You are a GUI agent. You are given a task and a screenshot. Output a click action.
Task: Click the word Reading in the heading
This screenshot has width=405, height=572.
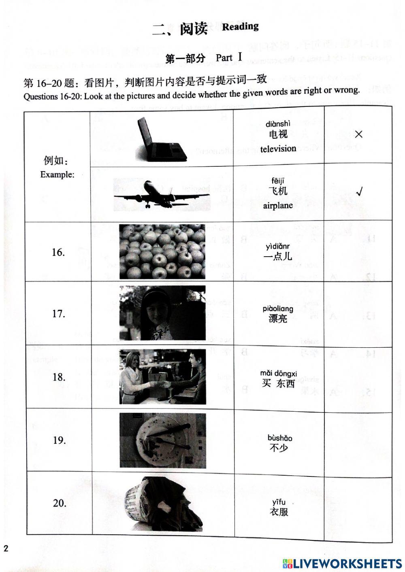(x=240, y=27)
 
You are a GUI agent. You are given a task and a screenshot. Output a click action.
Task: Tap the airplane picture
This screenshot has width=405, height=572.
(x=162, y=194)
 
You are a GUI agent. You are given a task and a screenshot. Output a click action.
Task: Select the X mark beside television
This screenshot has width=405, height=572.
(x=358, y=134)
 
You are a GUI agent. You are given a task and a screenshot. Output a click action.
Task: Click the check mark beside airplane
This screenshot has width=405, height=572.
(x=359, y=192)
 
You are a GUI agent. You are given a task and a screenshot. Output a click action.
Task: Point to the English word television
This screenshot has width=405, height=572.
(x=278, y=149)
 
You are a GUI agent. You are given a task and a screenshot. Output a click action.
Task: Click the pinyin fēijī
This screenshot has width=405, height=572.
(x=278, y=181)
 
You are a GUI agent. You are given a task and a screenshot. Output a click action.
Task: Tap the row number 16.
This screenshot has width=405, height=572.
(x=58, y=252)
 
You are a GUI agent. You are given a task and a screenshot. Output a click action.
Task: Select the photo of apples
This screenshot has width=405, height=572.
(x=162, y=252)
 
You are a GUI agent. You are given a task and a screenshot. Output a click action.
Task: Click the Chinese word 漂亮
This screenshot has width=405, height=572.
(x=278, y=319)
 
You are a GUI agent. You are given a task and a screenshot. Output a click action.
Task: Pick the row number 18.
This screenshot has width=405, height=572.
(x=59, y=377)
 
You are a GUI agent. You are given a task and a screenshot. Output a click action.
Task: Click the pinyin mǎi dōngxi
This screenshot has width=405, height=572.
(x=279, y=373)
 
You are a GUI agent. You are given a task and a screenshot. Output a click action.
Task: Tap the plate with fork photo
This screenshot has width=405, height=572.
(x=162, y=440)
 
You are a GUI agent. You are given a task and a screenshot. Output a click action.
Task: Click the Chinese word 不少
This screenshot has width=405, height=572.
(x=279, y=448)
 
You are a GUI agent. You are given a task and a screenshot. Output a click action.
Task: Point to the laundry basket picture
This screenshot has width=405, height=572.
(x=162, y=503)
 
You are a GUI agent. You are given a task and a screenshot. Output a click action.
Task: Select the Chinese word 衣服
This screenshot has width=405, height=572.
(x=279, y=512)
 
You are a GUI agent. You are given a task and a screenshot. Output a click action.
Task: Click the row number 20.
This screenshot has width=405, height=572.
(x=60, y=503)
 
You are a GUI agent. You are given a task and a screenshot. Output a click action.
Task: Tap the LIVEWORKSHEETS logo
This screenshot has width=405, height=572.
(x=342, y=563)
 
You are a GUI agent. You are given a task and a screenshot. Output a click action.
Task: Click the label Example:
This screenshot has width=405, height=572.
(x=58, y=174)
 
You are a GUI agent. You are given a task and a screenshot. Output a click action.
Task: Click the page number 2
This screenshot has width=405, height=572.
(x=6, y=549)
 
